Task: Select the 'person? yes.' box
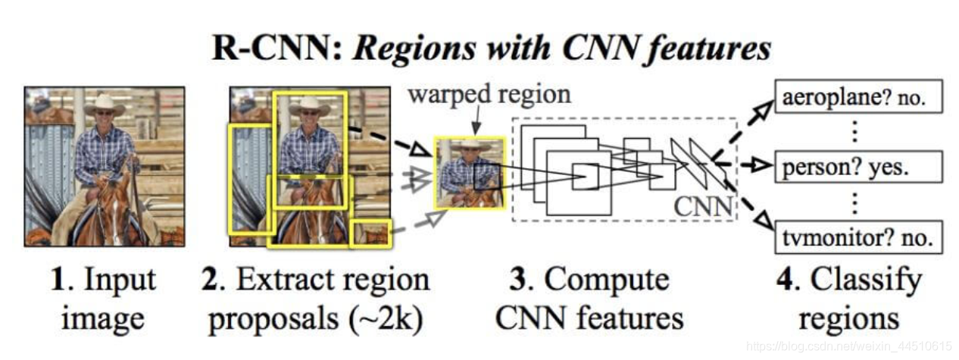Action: pyautogui.click(x=857, y=166)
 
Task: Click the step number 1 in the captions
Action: pyautogui.click(x=55, y=280)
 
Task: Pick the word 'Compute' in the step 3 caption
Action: pyautogui.click(x=607, y=280)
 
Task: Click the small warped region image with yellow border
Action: pyautogui.click(x=469, y=173)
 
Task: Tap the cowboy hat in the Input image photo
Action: pyautogui.click(x=105, y=105)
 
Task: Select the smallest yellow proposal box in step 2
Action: pyautogui.click(x=371, y=233)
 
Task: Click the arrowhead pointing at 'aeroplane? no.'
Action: pyautogui.click(x=766, y=106)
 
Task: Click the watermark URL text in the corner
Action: pyautogui.click(x=860, y=346)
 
